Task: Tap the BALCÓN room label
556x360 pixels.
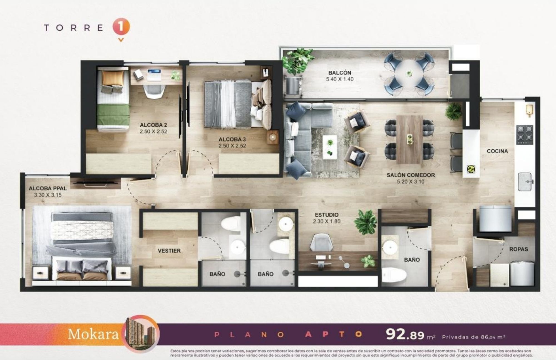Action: [x=340, y=73]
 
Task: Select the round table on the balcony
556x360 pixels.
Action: [x=409, y=73]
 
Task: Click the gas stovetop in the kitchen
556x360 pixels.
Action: [x=525, y=135]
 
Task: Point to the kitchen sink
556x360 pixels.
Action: [x=525, y=182]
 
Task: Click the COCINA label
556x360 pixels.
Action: [x=497, y=151]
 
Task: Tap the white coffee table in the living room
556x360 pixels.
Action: [x=330, y=147]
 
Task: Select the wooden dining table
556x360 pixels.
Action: [x=409, y=139]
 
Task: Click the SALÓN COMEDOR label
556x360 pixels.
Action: [x=411, y=175]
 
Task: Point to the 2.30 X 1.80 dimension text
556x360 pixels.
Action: [x=326, y=221]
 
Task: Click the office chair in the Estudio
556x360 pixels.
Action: [x=322, y=242]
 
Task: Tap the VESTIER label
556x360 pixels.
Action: [x=169, y=251]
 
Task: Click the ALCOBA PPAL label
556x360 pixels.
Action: [x=48, y=189]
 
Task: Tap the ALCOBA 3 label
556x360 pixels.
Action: [x=232, y=139]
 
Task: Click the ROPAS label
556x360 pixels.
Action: [x=518, y=249]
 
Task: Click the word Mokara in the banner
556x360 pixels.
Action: [x=93, y=334]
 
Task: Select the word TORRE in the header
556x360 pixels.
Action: [x=74, y=28]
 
